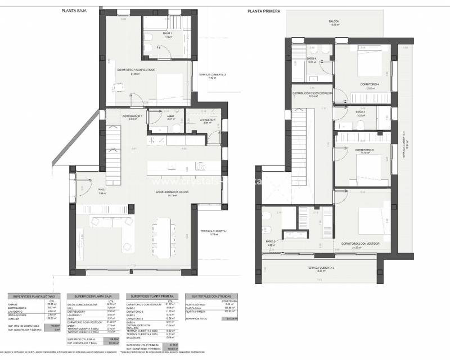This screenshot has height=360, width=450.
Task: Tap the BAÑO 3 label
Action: click(x=361, y=112)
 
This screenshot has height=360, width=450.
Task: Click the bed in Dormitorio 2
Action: click(x=365, y=222)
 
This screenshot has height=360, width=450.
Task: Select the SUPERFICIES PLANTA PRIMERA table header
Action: click(x=150, y=295)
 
